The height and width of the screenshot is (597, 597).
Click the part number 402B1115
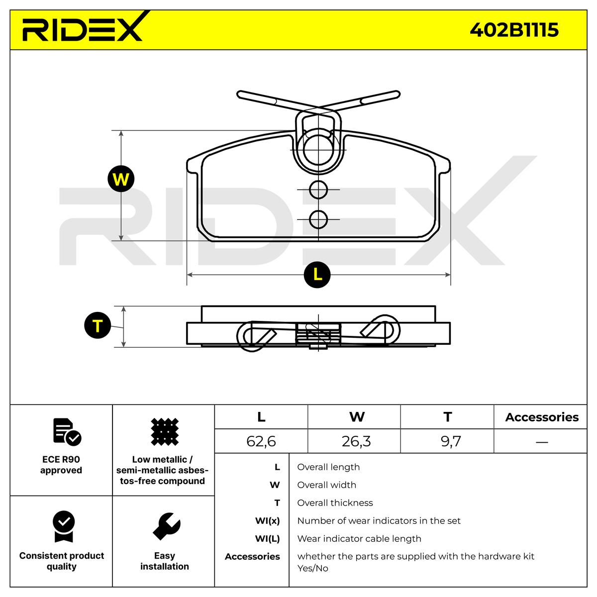tap(514, 30)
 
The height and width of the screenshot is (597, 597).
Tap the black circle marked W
tap(121, 179)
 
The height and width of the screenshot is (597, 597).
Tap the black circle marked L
tap(317, 275)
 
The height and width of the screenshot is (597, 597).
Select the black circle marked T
tap(98, 325)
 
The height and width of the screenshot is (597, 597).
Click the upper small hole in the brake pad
tap(318, 190)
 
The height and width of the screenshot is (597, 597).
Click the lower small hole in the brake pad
tap(318, 219)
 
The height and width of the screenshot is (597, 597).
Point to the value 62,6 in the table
tap(261, 441)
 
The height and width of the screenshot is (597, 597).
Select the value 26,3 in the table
tap(356, 441)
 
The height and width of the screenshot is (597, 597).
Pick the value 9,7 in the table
tap(451, 441)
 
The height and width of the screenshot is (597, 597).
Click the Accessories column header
tap(542, 417)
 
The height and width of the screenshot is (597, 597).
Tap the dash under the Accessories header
tap(542, 442)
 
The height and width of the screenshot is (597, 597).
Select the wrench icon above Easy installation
tap(166, 526)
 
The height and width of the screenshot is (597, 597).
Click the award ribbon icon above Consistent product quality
tap(64, 526)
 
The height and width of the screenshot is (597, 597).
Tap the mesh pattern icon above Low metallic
tap(165, 432)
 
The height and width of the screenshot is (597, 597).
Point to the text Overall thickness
tap(335, 502)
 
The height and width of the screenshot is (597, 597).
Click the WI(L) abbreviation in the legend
tap(267, 538)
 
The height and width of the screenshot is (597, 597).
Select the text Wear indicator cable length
tap(359, 538)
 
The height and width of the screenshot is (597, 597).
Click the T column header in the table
tap(448, 417)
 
